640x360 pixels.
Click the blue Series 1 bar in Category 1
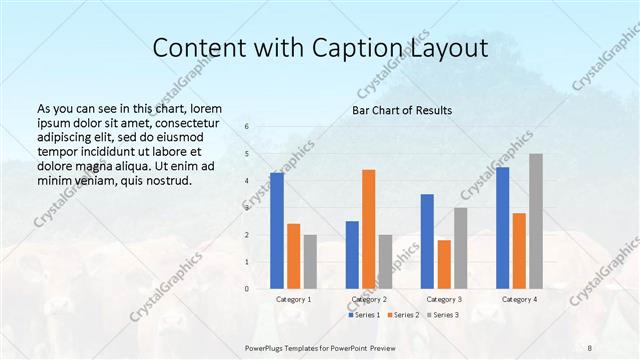tap(276, 231)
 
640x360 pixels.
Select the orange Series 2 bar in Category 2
tap(368, 229)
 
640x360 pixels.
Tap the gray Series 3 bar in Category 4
tap(536, 221)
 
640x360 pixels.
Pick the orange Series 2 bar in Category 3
tap(444, 264)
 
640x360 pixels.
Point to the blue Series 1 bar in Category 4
tap(502, 228)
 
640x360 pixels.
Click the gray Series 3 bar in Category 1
tap(310, 262)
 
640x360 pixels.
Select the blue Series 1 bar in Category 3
tap(427, 241)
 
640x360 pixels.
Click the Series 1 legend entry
tap(364, 315)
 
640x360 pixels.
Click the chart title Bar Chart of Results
tap(402, 110)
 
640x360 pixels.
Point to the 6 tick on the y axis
tap(248, 126)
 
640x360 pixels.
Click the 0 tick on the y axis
tap(248, 289)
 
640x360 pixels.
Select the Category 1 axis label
tap(293, 299)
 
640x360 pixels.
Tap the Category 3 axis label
tap(444, 299)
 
